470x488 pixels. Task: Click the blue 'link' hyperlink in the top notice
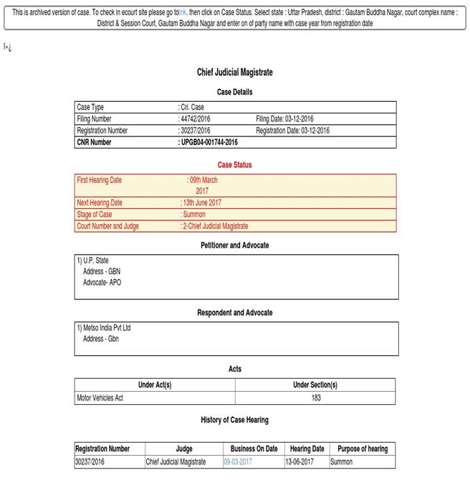(182, 12)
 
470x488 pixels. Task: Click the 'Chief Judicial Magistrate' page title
(235, 72)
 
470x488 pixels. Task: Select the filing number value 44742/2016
(195, 118)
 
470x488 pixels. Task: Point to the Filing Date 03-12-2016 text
(284, 118)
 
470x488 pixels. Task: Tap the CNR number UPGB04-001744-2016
(208, 142)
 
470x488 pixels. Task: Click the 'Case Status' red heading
(235, 164)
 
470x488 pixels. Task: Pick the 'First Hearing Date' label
(100, 180)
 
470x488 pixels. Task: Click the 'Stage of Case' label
(95, 215)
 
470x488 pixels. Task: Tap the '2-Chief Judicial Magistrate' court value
(214, 226)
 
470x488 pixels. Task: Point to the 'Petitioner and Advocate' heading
(235, 245)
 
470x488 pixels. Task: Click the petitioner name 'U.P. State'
(93, 261)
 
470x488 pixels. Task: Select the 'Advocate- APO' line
(102, 282)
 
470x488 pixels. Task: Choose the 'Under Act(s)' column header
(155, 385)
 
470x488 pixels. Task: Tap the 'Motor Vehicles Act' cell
(100, 398)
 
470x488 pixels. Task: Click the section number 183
(316, 398)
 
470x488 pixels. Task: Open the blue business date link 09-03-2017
(238, 461)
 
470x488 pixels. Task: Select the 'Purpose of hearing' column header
(363, 449)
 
